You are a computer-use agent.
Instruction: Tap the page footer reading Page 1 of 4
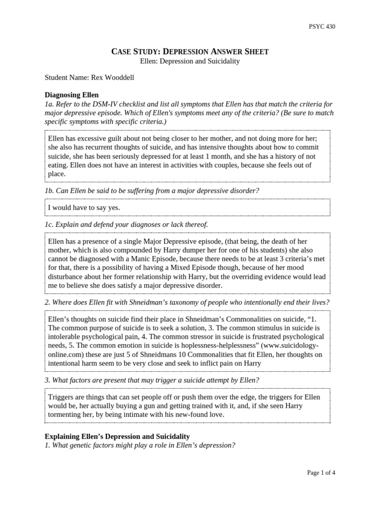pyautogui.click(x=321, y=473)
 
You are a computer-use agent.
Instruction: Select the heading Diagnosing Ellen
pyautogui.click(x=71, y=95)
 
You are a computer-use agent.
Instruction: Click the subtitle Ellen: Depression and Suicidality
pyautogui.click(x=190, y=61)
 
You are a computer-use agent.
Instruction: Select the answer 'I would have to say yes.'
pyautogui.click(x=84, y=208)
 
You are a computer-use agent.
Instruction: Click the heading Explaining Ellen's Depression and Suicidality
pyautogui.click(x=117, y=436)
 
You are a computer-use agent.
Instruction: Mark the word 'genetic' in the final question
pyautogui.click(x=84, y=445)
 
